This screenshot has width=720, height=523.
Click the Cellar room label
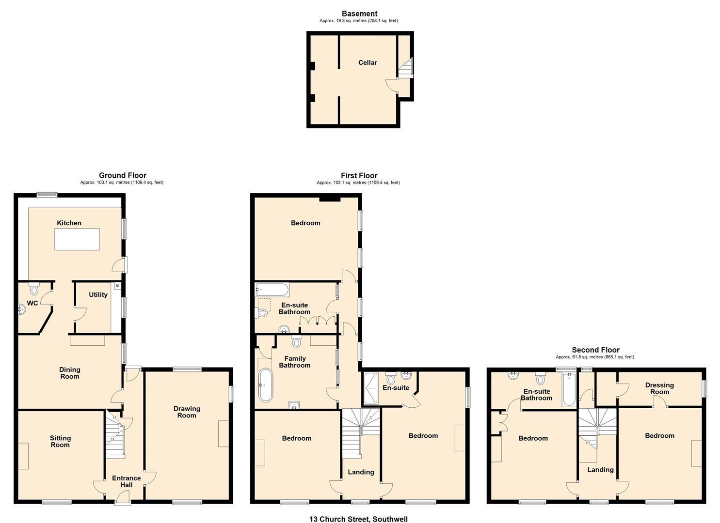coord(368,62)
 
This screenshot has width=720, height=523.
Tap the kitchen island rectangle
coord(77,239)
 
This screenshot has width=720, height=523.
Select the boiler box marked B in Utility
coord(117,286)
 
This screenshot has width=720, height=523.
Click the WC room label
coord(32,303)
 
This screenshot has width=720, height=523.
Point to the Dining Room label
coord(69,373)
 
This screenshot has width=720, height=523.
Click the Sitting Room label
coord(60,441)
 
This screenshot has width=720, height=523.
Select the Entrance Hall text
coord(126,481)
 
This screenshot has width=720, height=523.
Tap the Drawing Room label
coord(187,412)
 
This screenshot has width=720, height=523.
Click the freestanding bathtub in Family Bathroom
coord(266,385)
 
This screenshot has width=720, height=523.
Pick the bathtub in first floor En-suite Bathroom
coord(272,290)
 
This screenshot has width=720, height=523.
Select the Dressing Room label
coord(659,388)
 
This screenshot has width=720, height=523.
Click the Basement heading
coord(359,14)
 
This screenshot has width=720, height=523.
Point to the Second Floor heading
coord(595,350)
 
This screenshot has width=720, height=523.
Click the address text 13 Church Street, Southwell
coord(359,519)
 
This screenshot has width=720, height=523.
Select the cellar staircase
coord(405,68)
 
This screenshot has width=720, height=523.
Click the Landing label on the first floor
coord(361,472)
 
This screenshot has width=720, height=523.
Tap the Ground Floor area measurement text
coord(122,183)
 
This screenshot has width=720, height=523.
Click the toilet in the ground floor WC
coord(34,290)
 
